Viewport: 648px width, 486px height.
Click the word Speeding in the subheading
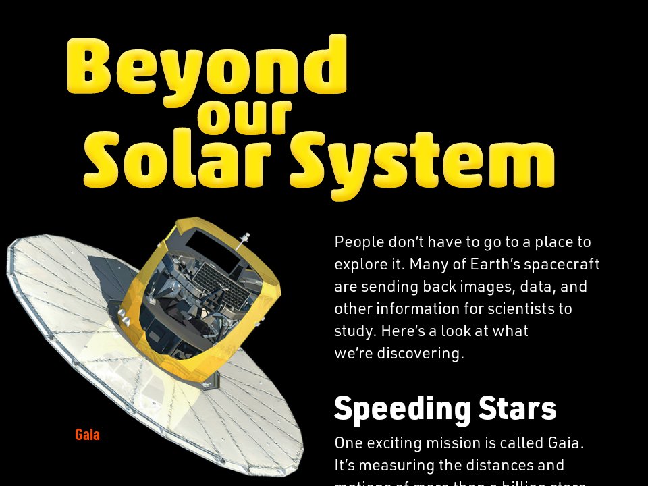[402, 408]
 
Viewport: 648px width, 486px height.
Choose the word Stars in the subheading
[518, 408]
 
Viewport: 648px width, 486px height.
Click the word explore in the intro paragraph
[358, 264]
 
